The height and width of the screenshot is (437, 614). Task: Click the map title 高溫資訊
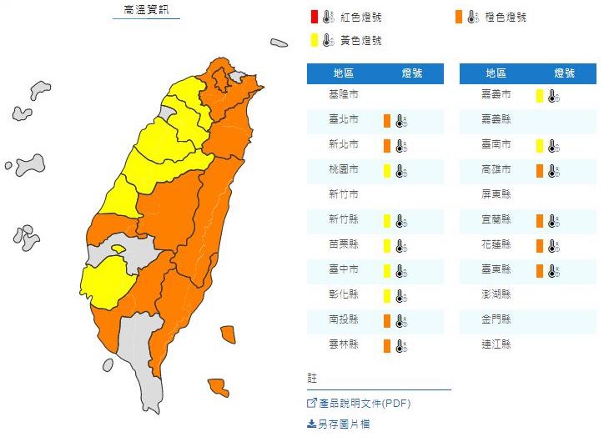pyautogui.click(x=146, y=10)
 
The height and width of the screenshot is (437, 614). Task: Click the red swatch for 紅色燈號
pyautogui.click(x=314, y=16)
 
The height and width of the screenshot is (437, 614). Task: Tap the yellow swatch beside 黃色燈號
pyautogui.click(x=314, y=38)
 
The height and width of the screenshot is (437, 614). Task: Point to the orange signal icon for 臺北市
pyautogui.click(x=388, y=121)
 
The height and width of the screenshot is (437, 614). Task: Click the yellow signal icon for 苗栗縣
pyautogui.click(x=388, y=245)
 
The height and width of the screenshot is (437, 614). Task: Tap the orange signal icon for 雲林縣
pyautogui.click(x=388, y=344)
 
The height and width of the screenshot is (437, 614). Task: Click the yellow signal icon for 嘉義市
pyautogui.click(x=541, y=96)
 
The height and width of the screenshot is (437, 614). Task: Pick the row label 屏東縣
pyautogui.click(x=496, y=195)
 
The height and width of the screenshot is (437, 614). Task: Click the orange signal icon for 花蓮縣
pyautogui.click(x=541, y=245)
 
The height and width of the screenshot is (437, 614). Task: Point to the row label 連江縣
pyautogui.click(x=496, y=344)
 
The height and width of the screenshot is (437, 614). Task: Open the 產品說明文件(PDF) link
pyautogui.click(x=365, y=404)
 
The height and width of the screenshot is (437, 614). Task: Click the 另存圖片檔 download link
pyautogui.click(x=344, y=424)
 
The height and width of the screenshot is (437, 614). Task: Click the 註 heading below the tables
pyautogui.click(x=312, y=379)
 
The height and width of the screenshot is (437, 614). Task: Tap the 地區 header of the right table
pyautogui.click(x=496, y=73)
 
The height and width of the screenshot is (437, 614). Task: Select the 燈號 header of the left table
pyautogui.click(x=411, y=73)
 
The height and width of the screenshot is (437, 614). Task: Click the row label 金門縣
pyautogui.click(x=496, y=319)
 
